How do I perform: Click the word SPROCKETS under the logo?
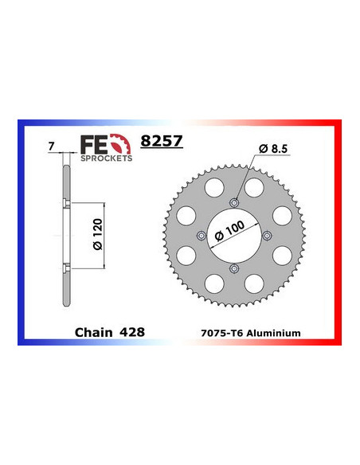click(x=105, y=158)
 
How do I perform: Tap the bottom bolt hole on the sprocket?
click(x=233, y=268)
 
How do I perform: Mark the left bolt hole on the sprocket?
click(x=199, y=234)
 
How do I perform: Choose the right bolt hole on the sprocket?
click(x=267, y=234)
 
